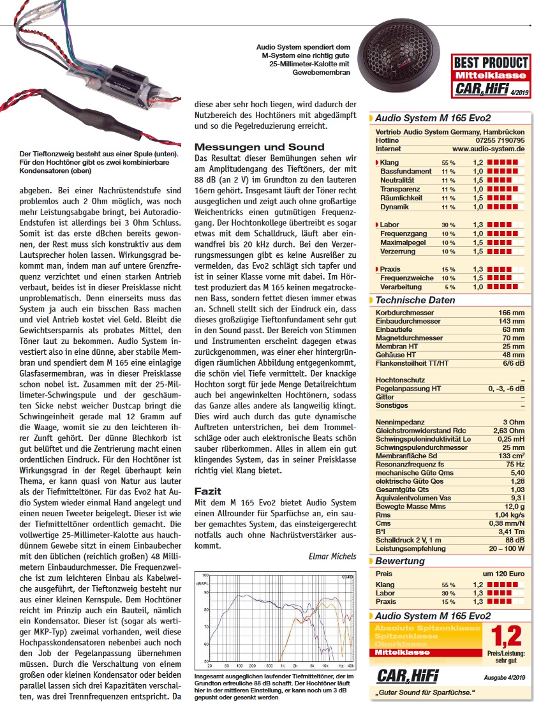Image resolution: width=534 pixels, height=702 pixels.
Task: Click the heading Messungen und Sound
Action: (x=260, y=146)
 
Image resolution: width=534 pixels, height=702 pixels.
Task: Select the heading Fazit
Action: (x=207, y=491)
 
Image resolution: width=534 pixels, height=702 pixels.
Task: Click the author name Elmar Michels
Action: (x=332, y=556)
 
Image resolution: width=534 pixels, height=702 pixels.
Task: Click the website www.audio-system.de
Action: (x=488, y=148)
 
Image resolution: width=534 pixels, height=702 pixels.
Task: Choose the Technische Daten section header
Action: (x=415, y=300)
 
